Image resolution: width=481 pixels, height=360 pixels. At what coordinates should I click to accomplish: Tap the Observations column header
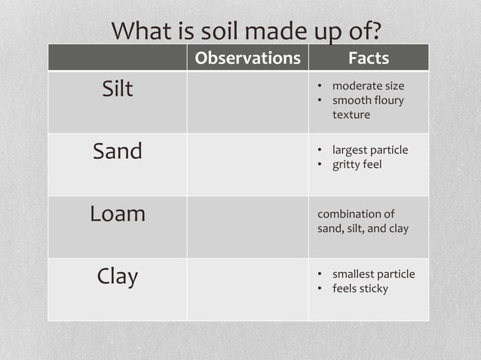point(247,58)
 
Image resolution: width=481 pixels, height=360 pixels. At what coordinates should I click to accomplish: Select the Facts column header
point(369,58)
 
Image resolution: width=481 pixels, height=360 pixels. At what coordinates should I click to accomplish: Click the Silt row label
point(118,89)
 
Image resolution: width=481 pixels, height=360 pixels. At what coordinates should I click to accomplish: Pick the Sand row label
point(118,151)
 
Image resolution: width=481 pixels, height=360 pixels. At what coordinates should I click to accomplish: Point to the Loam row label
point(118,214)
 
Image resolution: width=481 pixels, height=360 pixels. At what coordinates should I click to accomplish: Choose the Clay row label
point(118,276)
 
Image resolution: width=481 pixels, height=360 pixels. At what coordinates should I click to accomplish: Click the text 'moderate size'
point(368,86)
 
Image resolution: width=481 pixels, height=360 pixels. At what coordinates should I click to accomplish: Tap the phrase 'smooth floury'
point(368,100)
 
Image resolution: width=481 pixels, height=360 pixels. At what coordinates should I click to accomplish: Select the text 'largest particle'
point(370,150)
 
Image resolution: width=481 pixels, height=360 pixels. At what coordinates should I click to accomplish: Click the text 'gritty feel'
point(357,164)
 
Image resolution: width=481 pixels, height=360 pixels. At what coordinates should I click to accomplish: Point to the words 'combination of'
point(356,214)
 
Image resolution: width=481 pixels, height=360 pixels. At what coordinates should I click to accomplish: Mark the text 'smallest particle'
point(373,274)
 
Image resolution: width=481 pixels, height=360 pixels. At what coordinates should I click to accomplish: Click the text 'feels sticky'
point(360,288)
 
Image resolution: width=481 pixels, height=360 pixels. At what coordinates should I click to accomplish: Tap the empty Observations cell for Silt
point(247,102)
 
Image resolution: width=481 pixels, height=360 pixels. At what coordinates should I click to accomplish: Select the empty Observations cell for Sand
point(247,164)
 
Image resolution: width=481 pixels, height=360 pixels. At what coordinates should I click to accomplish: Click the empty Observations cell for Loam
point(247,227)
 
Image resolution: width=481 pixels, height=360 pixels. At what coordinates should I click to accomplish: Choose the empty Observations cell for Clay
point(247,289)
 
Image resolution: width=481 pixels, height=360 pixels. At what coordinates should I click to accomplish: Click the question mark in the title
point(374,32)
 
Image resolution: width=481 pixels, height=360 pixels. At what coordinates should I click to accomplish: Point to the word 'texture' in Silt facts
point(351,114)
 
